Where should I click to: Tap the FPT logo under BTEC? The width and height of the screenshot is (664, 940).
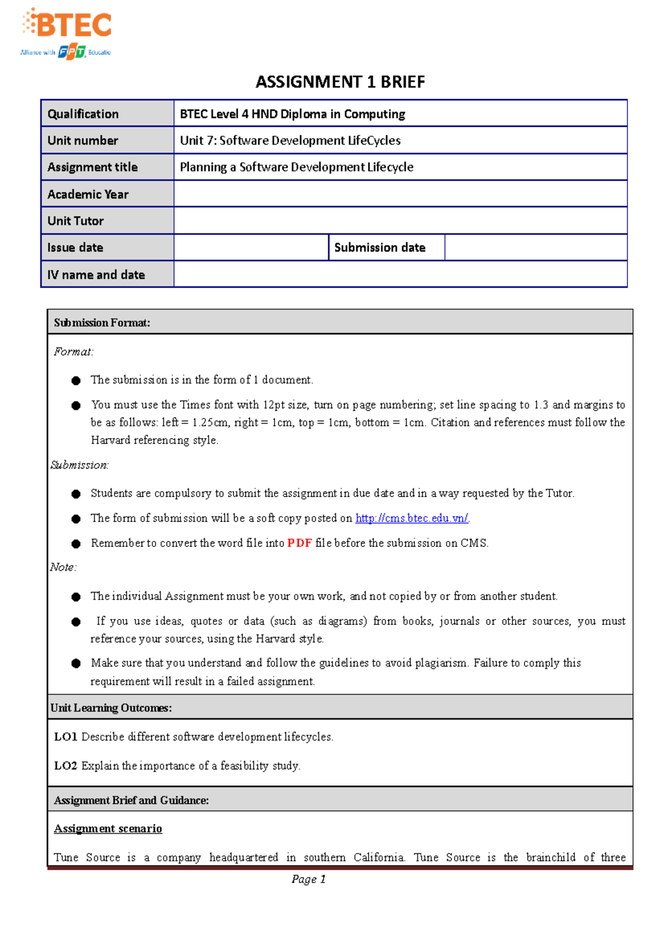72,53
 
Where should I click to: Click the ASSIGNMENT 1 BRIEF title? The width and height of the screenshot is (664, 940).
340,82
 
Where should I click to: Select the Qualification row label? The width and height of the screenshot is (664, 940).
83,114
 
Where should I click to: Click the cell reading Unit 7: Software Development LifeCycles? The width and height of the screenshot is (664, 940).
290,141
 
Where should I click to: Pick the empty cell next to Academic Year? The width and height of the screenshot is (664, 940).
400,194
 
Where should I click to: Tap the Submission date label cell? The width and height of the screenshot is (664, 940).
380,247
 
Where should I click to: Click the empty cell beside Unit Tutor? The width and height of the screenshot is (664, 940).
400,221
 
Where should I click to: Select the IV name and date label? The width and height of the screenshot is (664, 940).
96,275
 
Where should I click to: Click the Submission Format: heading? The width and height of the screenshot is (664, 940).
102,323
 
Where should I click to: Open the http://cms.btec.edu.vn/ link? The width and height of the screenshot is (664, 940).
412,518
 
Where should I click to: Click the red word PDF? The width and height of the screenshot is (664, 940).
299,543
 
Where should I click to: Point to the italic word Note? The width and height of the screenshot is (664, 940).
63,567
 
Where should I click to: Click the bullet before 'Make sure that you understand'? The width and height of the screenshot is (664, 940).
76,664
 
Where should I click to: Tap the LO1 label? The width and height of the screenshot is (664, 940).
65,737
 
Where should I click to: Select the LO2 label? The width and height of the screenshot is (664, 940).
65,766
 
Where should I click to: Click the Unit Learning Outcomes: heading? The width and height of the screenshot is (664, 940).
111,708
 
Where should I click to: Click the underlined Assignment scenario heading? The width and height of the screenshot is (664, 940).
108,829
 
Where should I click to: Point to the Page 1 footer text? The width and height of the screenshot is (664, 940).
308,879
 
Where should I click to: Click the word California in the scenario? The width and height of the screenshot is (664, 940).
379,858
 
